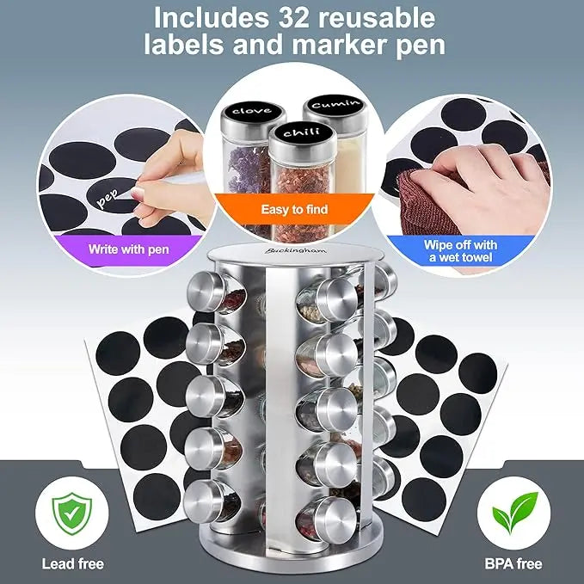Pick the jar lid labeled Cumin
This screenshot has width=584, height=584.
point(331,105)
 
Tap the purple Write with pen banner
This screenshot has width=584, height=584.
point(129,250)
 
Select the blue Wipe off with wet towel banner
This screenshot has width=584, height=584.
point(460,250)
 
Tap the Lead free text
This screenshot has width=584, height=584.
point(72,564)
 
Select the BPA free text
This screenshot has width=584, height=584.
point(513,564)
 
